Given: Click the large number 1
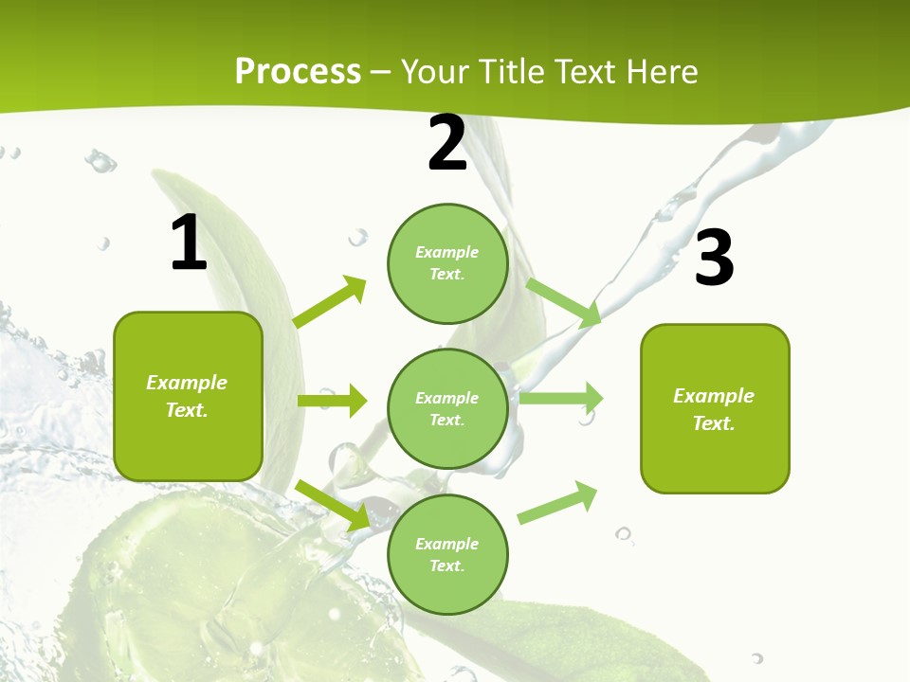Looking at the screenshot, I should [189, 243].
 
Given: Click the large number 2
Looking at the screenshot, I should [447, 143].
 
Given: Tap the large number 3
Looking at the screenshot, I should [714, 259].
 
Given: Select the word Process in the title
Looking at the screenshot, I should [298, 71].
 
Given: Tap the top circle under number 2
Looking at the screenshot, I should [447, 263].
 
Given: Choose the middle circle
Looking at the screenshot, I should [447, 409].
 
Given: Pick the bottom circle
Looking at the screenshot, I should [447, 555].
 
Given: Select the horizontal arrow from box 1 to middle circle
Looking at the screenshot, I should [332, 401].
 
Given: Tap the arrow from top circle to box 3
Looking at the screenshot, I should [564, 301].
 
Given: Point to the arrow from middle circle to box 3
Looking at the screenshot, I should [561, 398].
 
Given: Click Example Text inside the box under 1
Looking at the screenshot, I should [187, 396].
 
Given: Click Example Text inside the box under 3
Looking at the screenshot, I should [714, 409].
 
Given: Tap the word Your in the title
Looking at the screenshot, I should [435, 71].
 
